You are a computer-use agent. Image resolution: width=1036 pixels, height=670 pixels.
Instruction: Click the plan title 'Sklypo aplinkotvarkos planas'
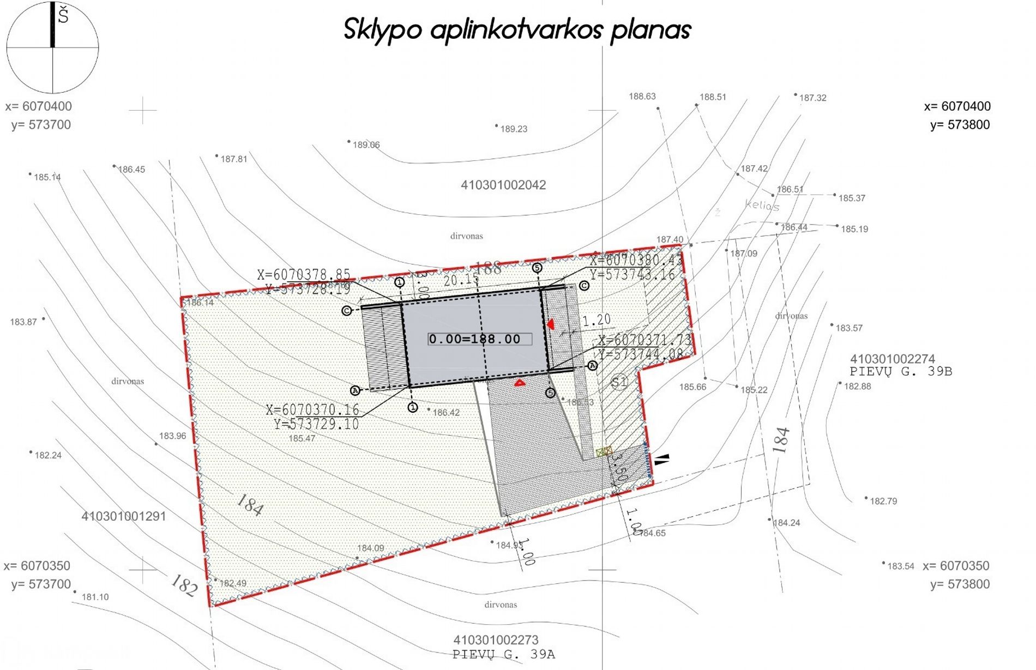(517, 29)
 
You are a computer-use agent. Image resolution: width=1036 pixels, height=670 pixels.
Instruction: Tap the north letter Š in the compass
(63, 15)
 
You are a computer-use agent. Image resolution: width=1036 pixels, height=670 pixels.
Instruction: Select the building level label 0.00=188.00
(475, 339)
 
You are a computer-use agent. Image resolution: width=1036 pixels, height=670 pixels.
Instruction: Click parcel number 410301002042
(503, 185)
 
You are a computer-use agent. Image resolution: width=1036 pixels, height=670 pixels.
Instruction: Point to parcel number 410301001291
(124, 516)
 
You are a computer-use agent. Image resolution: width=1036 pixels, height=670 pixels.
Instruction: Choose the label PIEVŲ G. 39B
(901, 372)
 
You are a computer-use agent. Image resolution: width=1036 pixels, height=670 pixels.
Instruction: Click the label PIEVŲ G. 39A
(503, 654)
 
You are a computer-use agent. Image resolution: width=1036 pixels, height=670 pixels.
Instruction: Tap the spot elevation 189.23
(514, 129)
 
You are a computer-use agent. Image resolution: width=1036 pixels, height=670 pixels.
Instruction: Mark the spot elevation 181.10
(95, 597)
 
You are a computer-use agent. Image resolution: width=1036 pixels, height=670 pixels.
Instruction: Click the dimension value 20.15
(461, 280)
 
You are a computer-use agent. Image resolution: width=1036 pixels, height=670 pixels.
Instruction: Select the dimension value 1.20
(597, 320)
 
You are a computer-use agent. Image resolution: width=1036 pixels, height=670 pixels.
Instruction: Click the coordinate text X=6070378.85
(304, 275)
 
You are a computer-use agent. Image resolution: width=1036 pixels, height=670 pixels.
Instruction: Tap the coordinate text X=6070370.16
(312, 410)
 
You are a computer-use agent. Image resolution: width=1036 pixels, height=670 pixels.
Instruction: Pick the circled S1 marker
(619, 382)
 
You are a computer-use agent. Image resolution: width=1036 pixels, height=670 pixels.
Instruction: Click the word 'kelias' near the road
(762, 206)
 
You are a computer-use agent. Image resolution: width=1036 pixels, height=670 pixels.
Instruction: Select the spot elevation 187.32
(812, 98)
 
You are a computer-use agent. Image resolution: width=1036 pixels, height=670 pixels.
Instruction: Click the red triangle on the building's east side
(551, 324)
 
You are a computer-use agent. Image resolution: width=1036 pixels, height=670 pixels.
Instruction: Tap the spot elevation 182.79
(883, 502)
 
